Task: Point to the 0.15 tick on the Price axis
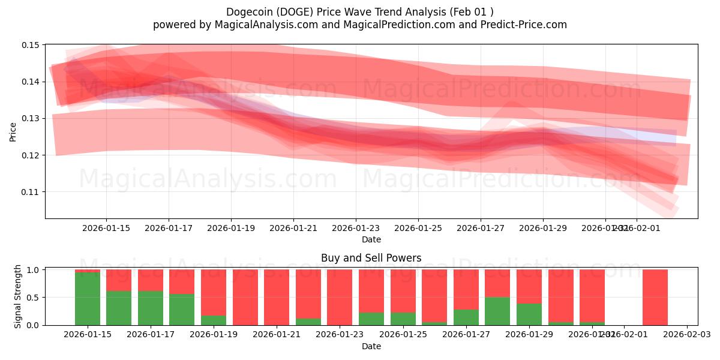tap(31, 45)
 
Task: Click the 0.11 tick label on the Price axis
tap(31, 192)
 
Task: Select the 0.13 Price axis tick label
tap(31, 119)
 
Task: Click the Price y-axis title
tap(13, 132)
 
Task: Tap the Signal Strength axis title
tap(18, 296)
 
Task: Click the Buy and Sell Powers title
tap(371, 258)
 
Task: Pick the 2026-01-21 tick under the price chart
tap(293, 228)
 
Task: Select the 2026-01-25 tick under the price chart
tap(418, 228)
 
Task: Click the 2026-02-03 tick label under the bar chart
tap(686, 335)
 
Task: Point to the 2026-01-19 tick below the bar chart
tap(213, 335)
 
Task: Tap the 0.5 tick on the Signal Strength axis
tap(34, 298)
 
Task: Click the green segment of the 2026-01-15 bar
tap(88, 299)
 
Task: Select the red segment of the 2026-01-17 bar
tap(151, 280)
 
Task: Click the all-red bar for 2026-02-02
tap(655, 297)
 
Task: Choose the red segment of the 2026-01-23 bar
tap(340, 297)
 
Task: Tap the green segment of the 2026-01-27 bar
tap(466, 317)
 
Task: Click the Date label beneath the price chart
tap(371, 239)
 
